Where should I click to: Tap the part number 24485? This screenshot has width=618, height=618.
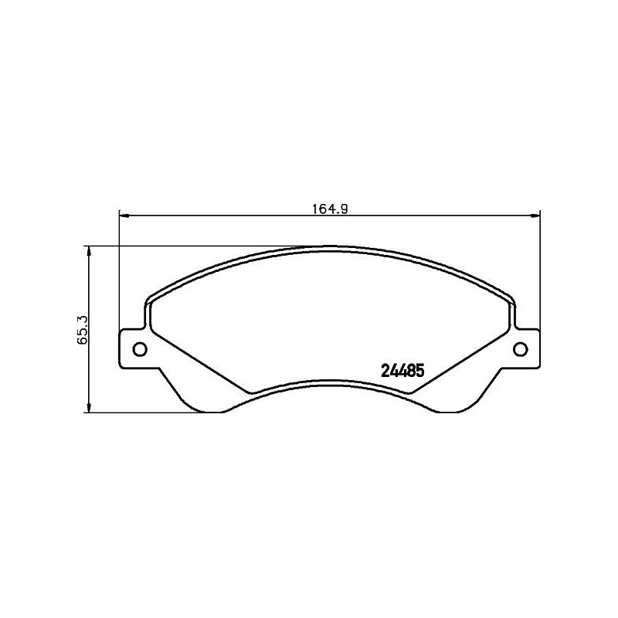(x=402, y=370)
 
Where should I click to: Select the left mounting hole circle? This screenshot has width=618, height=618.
(x=141, y=349)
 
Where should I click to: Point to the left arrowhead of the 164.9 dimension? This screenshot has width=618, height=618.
(x=124, y=216)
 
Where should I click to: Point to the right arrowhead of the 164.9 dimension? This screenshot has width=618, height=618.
(x=535, y=216)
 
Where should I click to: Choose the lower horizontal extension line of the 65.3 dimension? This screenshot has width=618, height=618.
(x=154, y=412)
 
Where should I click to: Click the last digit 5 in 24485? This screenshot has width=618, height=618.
(x=421, y=370)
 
